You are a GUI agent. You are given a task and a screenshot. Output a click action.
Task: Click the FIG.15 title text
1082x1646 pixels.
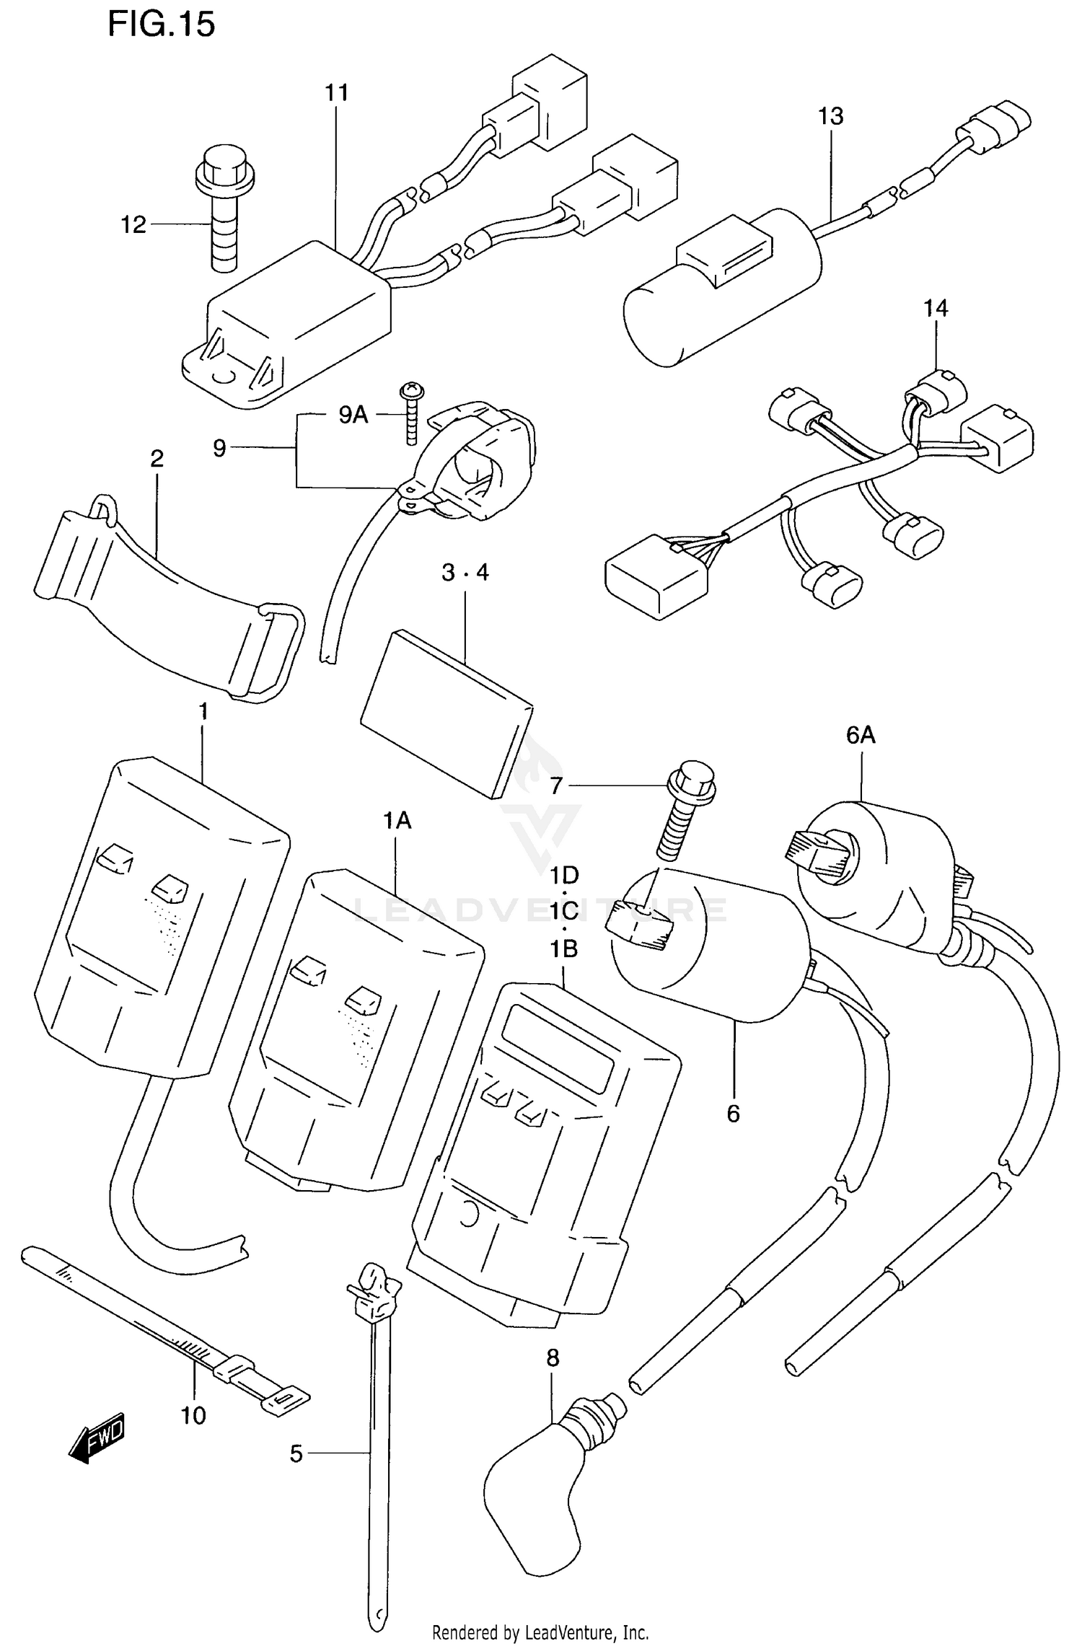point(161,25)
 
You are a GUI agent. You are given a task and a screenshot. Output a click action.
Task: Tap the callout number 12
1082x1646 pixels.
point(133,225)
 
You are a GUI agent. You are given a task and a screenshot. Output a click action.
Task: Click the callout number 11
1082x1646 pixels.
point(336,93)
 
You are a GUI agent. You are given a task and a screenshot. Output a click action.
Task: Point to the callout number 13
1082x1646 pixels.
point(830,116)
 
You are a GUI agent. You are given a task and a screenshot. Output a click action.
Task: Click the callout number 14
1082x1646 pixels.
point(936,309)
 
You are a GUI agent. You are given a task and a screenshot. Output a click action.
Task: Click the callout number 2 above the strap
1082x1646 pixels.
point(157,458)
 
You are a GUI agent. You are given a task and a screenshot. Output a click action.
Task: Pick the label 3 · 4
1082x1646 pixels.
point(465,573)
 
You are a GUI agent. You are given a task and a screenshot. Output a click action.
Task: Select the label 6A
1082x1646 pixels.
point(861,735)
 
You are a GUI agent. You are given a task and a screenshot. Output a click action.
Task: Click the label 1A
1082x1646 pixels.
point(397,820)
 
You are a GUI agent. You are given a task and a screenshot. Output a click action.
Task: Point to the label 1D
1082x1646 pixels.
point(564,876)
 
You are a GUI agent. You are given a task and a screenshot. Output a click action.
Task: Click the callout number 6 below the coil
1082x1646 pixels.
point(733,1114)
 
